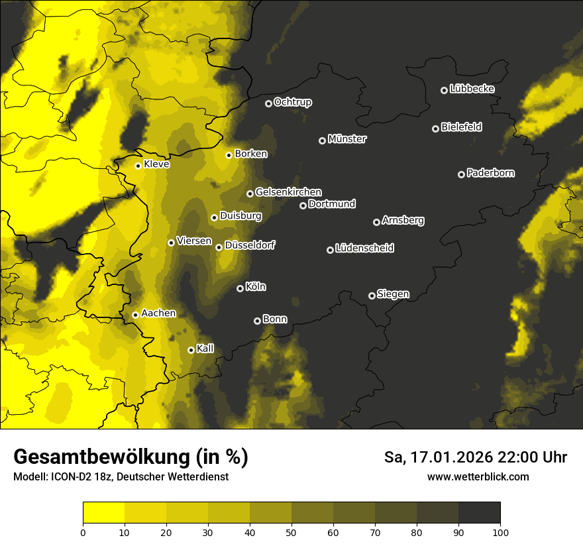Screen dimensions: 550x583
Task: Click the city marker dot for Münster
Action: [x=323, y=140]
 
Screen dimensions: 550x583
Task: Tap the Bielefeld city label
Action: [x=461, y=127]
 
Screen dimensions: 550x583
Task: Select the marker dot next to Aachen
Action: [x=135, y=315]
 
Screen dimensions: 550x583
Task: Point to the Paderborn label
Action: [x=490, y=173]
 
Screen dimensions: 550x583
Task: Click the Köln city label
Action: [x=255, y=287]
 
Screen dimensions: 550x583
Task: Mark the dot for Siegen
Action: [x=372, y=296]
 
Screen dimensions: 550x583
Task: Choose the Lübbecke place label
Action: [x=472, y=89]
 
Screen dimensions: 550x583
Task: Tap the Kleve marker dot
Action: [x=138, y=166]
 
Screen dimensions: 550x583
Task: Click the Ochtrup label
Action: [x=292, y=102]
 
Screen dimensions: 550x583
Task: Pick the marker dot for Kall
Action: [x=191, y=350]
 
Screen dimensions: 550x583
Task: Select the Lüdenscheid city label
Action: [x=364, y=248]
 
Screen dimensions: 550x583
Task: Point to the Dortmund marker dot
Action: [x=303, y=205]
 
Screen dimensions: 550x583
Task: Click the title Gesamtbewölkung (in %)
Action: [x=131, y=457]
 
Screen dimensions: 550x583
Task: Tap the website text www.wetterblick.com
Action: [x=478, y=476]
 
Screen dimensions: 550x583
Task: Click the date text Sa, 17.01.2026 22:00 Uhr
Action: [x=475, y=457]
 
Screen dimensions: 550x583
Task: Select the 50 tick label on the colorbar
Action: [x=291, y=531]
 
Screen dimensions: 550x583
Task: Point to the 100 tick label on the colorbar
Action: [x=500, y=531]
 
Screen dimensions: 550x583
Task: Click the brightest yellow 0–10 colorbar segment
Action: [x=104, y=512]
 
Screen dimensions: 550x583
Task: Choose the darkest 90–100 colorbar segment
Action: [x=479, y=512]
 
